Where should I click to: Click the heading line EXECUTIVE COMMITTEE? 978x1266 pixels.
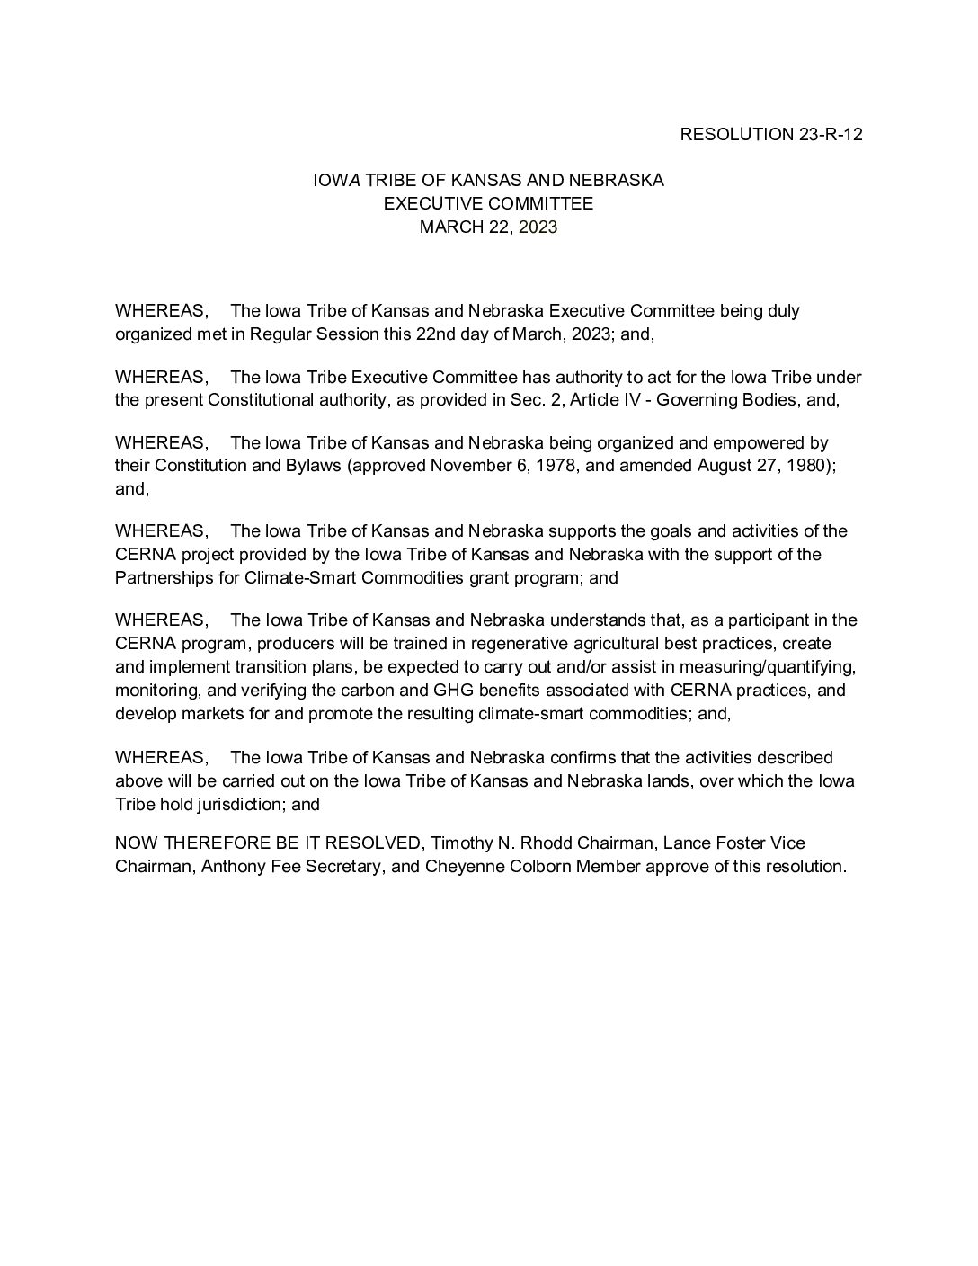click(488, 203)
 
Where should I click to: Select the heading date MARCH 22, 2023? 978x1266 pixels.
click(488, 227)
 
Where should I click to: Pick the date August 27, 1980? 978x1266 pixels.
click(762, 466)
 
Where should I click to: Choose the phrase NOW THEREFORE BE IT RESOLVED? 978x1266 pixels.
click(269, 843)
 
